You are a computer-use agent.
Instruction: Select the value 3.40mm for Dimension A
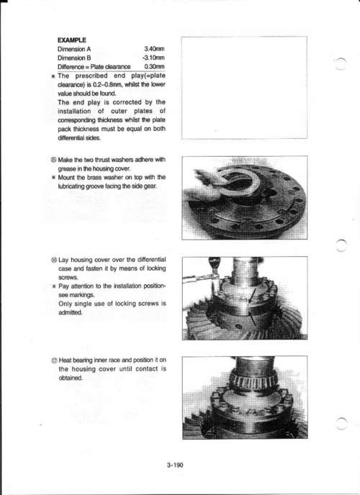tap(155, 50)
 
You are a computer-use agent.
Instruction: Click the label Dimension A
tap(77, 50)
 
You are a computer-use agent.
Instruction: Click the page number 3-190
tap(175, 465)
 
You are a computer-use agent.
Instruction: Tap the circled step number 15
tap(54, 160)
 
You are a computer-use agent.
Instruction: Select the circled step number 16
tap(54, 259)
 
